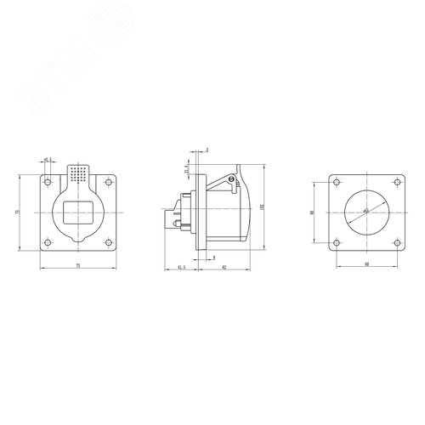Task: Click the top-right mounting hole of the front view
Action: click(x=107, y=181)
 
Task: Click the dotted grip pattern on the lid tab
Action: click(x=79, y=173)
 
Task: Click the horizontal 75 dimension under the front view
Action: click(x=79, y=264)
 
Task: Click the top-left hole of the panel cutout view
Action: click(x=337, y=184)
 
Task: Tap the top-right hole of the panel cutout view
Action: click(x=394, y=184)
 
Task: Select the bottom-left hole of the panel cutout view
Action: click(x=337, y=240)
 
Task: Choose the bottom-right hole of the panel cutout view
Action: click(x=394, y=240)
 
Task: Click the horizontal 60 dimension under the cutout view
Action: click(x=365, y=265)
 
